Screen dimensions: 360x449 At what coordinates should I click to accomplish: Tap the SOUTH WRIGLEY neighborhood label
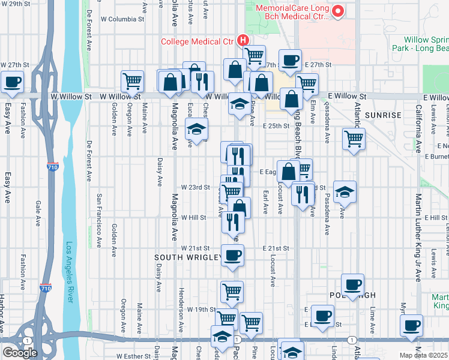click(188, 257)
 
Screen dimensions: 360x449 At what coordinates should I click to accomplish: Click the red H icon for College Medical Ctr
click(243, 41)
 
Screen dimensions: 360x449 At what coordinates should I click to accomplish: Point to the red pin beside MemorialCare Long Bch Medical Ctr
click(338, 10)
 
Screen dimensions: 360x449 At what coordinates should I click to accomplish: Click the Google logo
click(20, 352)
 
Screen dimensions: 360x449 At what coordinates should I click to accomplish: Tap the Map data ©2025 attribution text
click(424, 355)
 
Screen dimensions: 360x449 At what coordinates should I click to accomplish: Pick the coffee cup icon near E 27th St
click(291, 61)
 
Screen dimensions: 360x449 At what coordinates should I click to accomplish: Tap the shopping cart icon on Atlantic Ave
click(354, 139)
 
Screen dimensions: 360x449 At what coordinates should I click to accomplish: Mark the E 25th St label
click(277, 126)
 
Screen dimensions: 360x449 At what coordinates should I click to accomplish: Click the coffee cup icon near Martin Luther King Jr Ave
click(412, 325)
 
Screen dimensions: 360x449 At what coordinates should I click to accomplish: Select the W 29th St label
click(16, 4)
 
